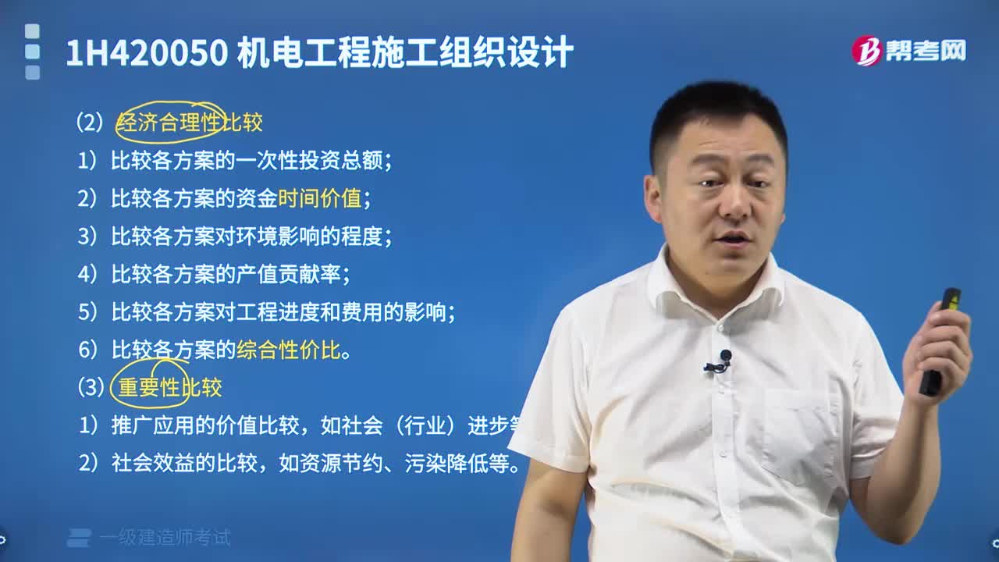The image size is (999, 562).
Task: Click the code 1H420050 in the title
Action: coord(147,53)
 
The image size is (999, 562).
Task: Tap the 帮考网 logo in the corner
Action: coord(908,51)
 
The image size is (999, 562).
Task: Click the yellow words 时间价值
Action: coord(319,198)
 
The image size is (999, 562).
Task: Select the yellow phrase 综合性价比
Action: coord(289,350)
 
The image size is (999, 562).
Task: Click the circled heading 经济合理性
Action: coord(169,123)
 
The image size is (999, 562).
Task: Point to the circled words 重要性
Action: coord(149,388)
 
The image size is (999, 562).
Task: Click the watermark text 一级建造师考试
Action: coord(165,537)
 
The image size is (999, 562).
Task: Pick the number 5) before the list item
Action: coord(87,312)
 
